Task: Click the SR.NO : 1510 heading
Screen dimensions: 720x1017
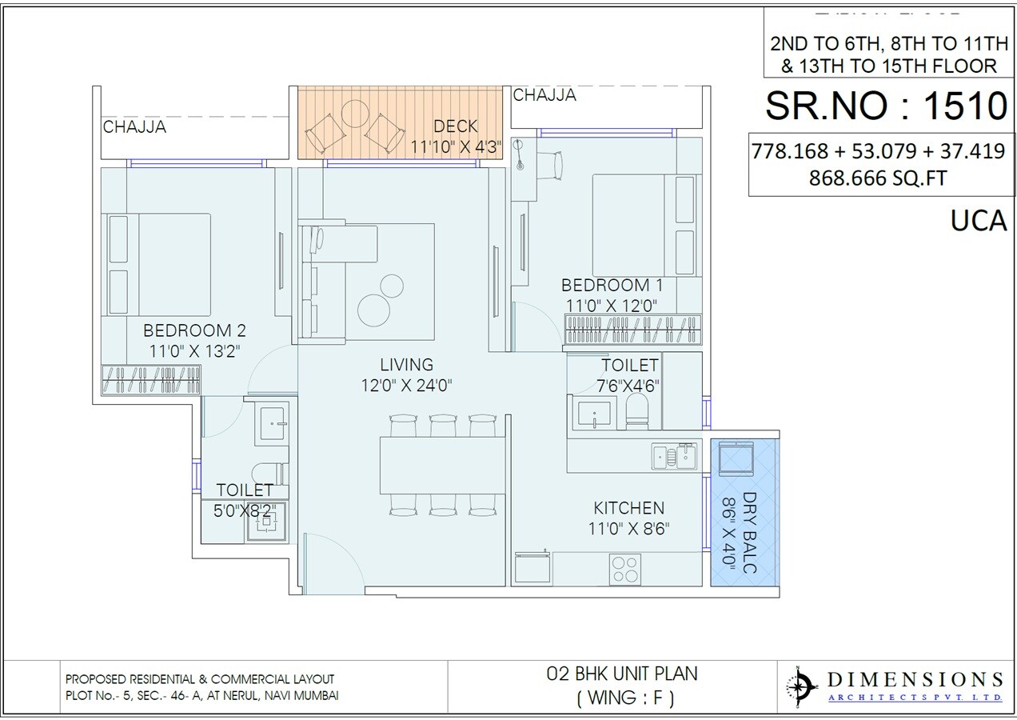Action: pos(885,105)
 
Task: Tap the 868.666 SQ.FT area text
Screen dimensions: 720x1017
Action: pos(878,178)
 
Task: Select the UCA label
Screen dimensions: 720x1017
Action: pos(979,220)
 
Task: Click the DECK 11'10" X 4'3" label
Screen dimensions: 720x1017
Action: pos(456,137)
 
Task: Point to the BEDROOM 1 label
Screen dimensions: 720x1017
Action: pos(606,285)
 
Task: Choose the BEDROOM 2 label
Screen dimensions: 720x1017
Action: pos(194,330)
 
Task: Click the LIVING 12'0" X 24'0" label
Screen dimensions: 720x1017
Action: pos(407,374)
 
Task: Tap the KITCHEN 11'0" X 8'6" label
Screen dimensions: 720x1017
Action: pos(628,517)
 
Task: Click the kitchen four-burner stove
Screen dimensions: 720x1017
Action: pos(624,567)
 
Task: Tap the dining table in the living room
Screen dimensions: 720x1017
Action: pos(443,465)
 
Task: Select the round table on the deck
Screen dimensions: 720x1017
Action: pos(352,118)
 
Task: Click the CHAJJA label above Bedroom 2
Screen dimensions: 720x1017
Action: pos(134,126)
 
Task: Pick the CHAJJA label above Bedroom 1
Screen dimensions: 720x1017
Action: pos(544,96)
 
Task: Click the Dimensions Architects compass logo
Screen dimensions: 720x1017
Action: pos(801,685)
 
